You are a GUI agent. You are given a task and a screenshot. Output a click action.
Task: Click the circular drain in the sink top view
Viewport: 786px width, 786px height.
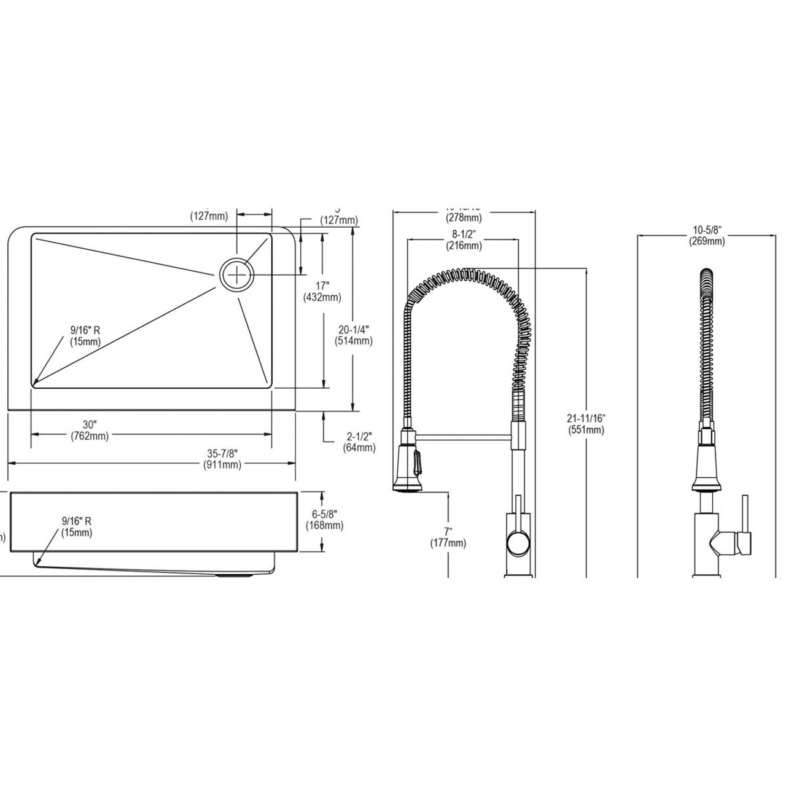[x=236, y=274]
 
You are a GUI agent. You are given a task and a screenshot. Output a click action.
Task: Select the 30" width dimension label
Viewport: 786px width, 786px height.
[x=90, y=425]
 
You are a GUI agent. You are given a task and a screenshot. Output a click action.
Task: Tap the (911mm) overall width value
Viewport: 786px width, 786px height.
[x=222, y=465]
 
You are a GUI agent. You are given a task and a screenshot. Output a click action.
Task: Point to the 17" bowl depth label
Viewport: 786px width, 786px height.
[x=322, y=286]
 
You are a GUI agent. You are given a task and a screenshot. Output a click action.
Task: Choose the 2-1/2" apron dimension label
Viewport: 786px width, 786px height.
[x=359, y=436]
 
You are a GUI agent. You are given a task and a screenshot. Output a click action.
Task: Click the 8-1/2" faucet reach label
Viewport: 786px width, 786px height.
[x=464, y=234]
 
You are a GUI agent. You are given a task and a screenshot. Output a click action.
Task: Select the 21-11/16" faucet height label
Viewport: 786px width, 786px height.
[x=586, y=418]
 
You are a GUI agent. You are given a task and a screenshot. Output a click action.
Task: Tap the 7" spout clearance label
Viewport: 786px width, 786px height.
[x=448, y=531]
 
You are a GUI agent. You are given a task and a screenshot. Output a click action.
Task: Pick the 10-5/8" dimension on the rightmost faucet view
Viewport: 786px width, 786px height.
[x=707, y=230]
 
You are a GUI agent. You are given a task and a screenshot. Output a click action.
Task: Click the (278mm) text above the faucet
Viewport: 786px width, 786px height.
[x=464, y=218]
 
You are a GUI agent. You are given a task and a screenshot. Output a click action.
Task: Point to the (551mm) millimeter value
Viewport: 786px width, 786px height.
[x=586, y=430]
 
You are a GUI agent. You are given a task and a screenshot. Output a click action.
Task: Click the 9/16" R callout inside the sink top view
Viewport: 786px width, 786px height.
[x=85, y=330]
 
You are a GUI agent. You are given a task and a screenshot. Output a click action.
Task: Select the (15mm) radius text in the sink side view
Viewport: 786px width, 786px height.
[x=77, y=532]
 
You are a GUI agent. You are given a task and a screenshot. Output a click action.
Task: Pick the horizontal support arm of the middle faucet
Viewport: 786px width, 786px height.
[x=463, y=437]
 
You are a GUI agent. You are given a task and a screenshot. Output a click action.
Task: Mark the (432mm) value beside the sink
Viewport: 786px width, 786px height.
[x=322, y=298]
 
